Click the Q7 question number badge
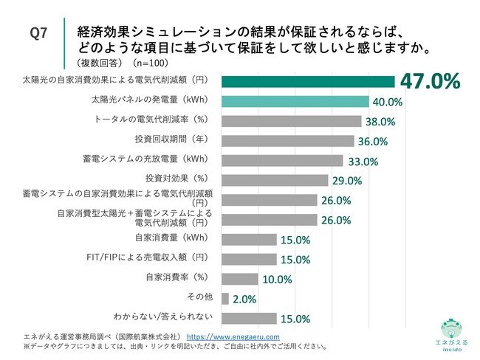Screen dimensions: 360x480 tap(38, 33)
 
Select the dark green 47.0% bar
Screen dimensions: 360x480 tap(308, 81)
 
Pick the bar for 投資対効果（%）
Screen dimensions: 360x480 tap(275, 180)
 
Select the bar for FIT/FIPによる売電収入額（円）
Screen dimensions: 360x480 tap(249, 259)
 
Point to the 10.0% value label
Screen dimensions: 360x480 tap(278, 279)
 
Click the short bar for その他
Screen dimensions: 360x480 tap(225, 298)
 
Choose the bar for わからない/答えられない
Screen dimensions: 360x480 tap(249, 318)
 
